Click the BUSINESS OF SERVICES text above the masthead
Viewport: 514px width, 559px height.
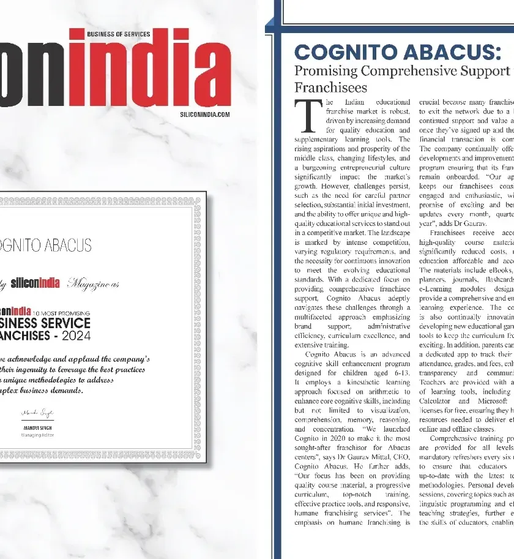pyautogui.click(x=119, y=34)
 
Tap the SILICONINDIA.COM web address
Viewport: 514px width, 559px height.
pyautogui.click(x=205, y=114)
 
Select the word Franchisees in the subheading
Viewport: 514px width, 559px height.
pyautogui.click(x=330, y=88)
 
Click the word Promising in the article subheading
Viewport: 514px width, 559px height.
pyautogui.click(x=325, y=70)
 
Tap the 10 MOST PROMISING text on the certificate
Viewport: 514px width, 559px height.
pyautogui.click(x=61, y=313)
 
